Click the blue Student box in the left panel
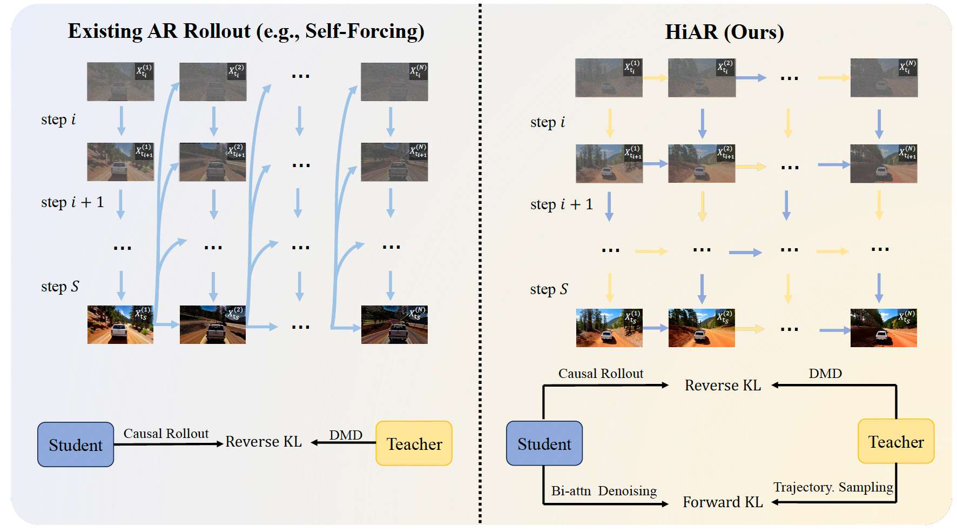coord(76,444)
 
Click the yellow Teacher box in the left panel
coord(414,443)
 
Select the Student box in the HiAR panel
coord(544,443)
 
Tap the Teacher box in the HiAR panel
coord(895,441)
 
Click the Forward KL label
coord(723,502)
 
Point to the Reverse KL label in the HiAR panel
coord(723,386)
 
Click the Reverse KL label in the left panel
coord(264,442)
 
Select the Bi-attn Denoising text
coord(604,491)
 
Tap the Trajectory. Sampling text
coord(833,487)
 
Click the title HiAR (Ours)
coord(724,32)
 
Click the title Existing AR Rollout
coord(246,31)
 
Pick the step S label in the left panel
coord(60,287)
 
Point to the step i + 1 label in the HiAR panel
coord(561,204)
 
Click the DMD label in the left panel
coord(346,435)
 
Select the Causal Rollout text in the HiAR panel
coord(601,374)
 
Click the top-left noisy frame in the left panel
coord(120,82)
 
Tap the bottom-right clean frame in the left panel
coord(394,324)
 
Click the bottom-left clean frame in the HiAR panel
coord(609,328)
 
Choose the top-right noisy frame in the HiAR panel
coord(884,78)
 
